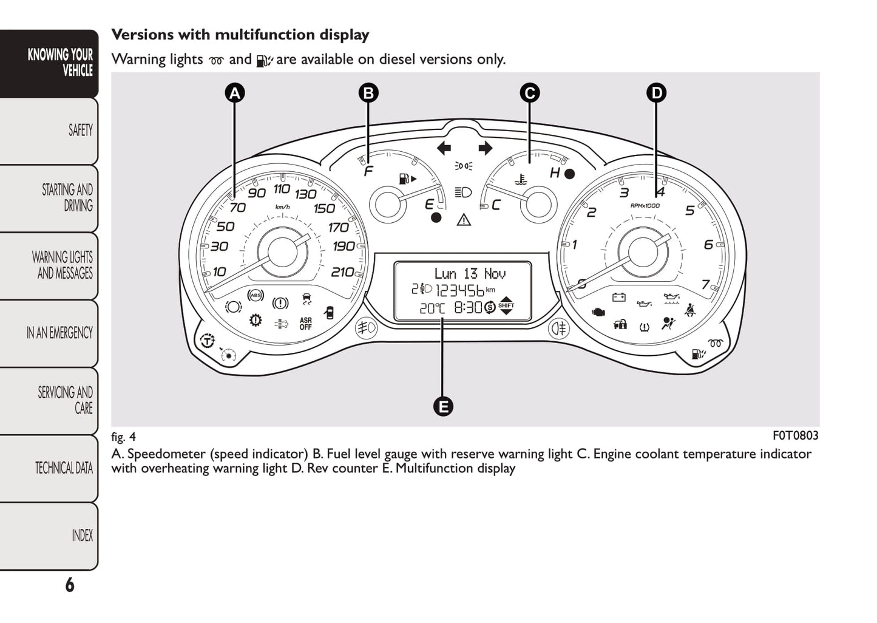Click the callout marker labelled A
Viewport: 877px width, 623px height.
234,93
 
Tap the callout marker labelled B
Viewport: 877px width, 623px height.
368,93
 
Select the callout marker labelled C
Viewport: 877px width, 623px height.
529,93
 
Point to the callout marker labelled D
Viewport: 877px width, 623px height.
656,93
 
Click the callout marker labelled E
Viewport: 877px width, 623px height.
443,406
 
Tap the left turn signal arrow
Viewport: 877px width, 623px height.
444,148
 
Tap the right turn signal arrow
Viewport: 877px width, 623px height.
485,148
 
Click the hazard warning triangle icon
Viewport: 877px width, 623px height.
464,219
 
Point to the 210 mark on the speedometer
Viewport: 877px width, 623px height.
342,272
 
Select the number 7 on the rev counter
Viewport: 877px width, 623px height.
705,284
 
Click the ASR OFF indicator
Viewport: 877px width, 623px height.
305,324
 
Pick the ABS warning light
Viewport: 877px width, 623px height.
256,295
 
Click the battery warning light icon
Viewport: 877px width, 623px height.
618,297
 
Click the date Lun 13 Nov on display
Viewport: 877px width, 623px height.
470,274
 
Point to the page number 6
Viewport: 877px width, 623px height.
70,585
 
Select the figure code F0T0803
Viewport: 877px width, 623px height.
795,435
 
